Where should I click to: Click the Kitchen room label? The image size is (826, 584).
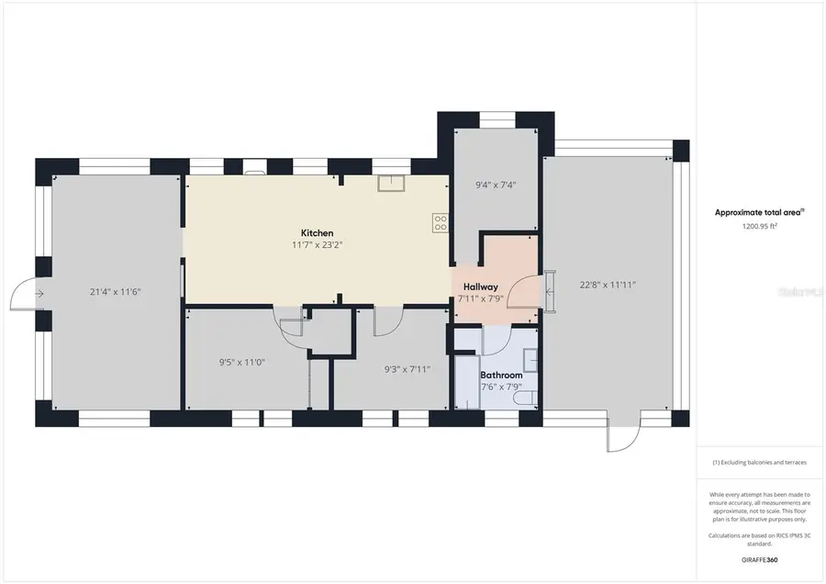coord(317,233)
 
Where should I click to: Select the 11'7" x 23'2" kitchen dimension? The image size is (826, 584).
coord(317,245)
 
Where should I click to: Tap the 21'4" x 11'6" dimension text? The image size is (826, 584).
coord(115,292)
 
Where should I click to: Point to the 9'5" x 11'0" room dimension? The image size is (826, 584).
coord(241,362)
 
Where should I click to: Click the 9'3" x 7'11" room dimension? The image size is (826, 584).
coord(407,369)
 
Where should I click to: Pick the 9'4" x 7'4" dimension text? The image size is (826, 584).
coord(496,185)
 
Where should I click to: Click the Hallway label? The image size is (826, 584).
coord(479,286)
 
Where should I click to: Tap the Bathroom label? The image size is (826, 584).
coord(501,375)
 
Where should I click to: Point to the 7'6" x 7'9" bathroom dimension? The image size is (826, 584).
coord(501,387)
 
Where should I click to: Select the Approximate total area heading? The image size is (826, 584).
coord(758,212)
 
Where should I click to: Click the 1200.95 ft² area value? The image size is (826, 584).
coord(759,226)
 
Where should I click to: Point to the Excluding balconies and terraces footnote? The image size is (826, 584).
coord(759,463)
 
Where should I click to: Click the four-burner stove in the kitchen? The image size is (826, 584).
coord(441,221)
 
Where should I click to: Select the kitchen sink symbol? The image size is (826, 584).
coord(392,184)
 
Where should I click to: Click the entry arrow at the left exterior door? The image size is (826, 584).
coord(39,294)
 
